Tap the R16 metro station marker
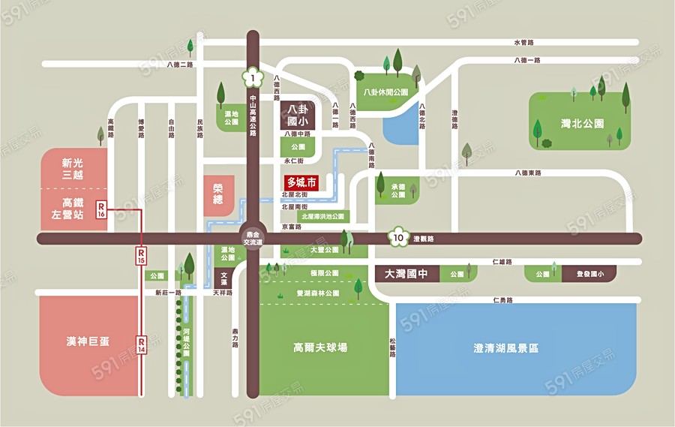click(100, 209)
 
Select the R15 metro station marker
click(141, 255)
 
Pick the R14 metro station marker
click(141, 345)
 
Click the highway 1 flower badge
click(253, 77)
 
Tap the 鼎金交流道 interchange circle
click(253, 238)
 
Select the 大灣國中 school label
click(405, 275)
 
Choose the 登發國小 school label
click(589, 275)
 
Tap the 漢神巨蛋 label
click(88, 341)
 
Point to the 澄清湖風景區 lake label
click(506, 348)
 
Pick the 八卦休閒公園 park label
click(385, 92)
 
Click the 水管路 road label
click(523, 43)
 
